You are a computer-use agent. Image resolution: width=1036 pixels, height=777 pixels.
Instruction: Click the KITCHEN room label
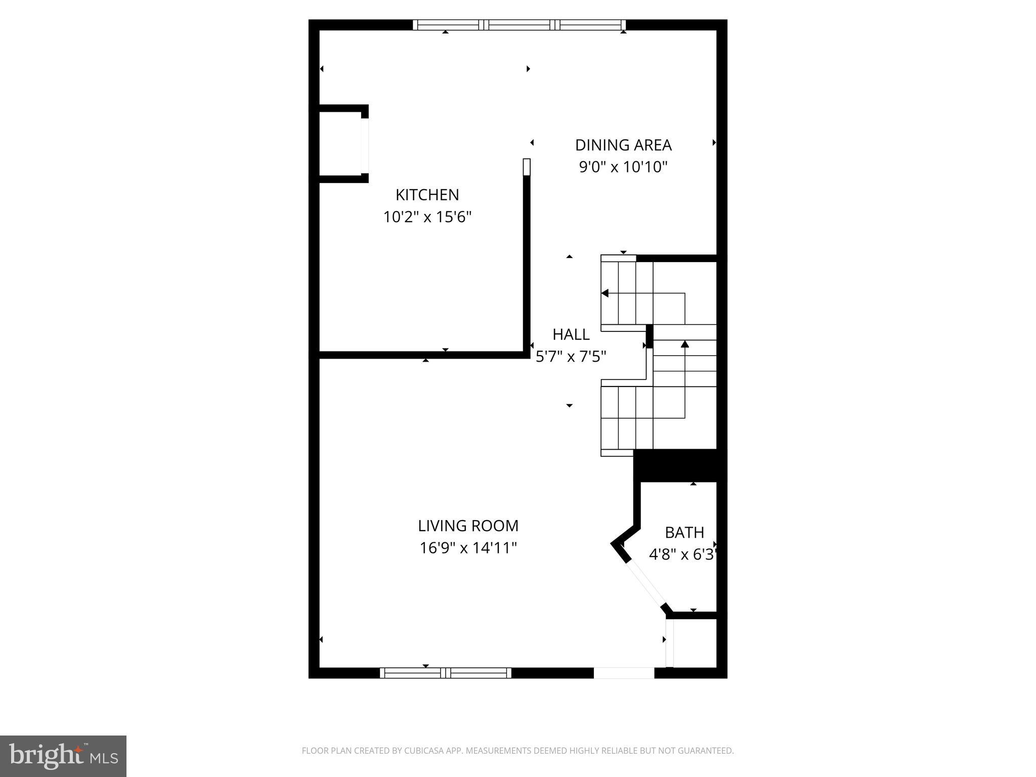point(427,195)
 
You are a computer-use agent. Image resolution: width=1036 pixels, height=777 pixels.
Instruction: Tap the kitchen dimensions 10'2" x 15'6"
point(427,217)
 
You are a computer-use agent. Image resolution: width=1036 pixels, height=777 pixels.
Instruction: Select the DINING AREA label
point(623,145)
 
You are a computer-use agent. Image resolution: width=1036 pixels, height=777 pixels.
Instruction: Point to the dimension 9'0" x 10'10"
point(623,167)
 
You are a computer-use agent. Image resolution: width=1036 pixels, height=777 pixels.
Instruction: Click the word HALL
point(571,334)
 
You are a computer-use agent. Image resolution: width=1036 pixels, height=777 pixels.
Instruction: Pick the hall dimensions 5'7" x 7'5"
point(571,357)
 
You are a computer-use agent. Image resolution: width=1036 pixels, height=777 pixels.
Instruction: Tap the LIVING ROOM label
point(468,526)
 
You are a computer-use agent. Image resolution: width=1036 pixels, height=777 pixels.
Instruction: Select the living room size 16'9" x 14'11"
point(468,548)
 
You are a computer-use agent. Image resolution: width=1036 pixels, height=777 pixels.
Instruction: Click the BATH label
point(684,533)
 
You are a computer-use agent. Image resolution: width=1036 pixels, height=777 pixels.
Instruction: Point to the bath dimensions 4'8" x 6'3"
point(683,555)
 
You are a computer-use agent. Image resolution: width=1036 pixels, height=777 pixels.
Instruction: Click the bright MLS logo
point(63,756)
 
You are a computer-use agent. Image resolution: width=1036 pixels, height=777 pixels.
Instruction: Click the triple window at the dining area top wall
point(519,25)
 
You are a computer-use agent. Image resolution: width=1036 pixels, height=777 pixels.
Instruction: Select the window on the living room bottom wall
point(445,673)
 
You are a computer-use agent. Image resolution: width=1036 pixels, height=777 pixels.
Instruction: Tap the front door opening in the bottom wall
point(624,673)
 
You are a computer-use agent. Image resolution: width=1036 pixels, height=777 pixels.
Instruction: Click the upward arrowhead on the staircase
point(685,344)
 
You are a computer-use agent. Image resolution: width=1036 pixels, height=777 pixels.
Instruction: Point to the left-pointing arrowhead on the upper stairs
point(605,293)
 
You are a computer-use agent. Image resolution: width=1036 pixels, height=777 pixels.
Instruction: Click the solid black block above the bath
point(679,465)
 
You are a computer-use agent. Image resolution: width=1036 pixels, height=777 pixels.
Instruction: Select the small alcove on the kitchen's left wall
point(340,144)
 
